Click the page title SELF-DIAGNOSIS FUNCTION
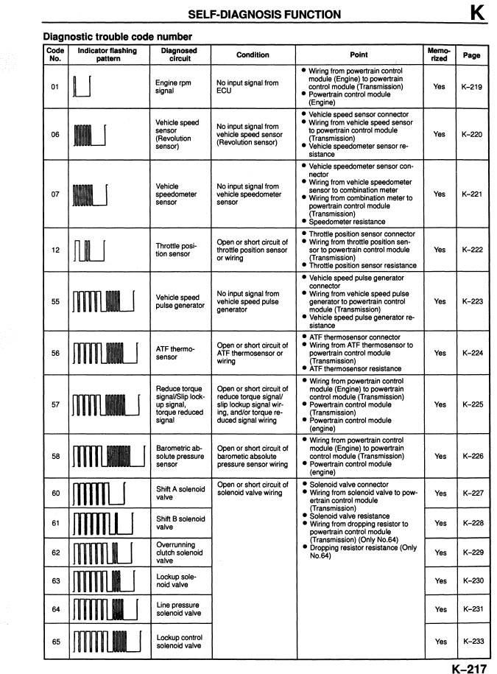tap(264, 14)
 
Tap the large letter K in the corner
tap(476, 13)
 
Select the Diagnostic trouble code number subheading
tap(118, 36)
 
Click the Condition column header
tap(253, 55)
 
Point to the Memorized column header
tap(439, 55)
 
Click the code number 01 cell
tap(55, 87)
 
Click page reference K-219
tap(471, 87)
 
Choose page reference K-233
tap(472, 641)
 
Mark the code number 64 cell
tap(55, 609)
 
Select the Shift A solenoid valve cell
tap(180, 493)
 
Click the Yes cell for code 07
tap(439, 194)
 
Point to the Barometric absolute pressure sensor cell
tap(180, 456)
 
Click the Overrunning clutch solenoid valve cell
tap(180, 552)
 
